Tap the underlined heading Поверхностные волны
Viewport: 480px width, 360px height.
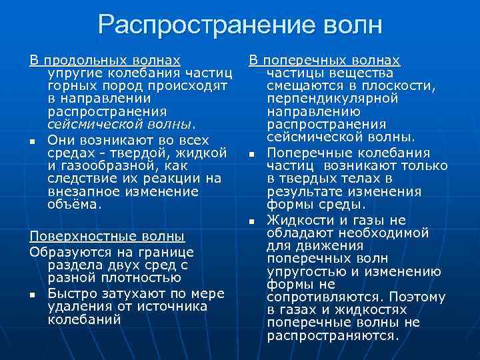click(x=107, y=236)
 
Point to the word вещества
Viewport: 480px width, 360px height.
click(x=364, y=73)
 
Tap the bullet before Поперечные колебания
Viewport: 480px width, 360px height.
click(x=252, y=155)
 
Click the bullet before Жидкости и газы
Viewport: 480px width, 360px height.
click(x=252, y=221)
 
